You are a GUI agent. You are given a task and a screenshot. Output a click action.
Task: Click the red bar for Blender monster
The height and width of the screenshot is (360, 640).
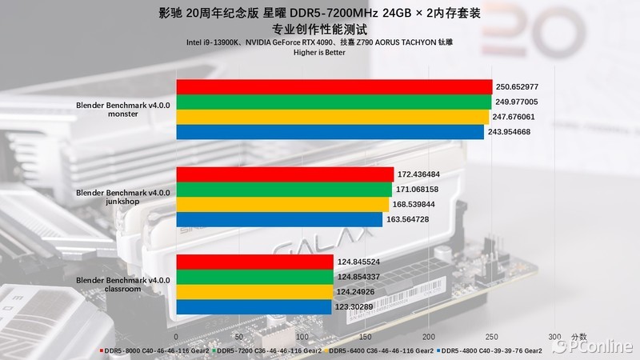tap(333, 87)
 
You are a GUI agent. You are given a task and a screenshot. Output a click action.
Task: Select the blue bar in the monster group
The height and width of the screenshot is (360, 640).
tap(329, 132)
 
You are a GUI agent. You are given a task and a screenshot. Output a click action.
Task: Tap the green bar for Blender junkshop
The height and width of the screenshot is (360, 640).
tap(283, 189)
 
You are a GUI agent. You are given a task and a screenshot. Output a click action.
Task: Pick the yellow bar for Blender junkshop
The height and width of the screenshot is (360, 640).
tap(282, 204)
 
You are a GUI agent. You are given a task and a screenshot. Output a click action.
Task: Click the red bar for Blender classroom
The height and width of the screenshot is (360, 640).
tap(254, 262)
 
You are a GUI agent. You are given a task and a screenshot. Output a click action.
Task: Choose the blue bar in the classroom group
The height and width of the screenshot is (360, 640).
tap(253, 306)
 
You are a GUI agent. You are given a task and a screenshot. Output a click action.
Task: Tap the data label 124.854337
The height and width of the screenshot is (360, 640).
tap(358, 277)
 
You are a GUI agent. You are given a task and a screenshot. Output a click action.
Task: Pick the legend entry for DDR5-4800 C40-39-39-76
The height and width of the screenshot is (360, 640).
tap(490, 350)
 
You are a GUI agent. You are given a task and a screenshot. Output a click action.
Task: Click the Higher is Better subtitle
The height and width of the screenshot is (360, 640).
tap(320, 52)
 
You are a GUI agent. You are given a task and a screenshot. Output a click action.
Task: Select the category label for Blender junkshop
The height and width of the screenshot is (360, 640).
tap(123, 197)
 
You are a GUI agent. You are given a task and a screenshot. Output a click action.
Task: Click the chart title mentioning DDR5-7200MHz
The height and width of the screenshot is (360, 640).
tap(320, 13)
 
